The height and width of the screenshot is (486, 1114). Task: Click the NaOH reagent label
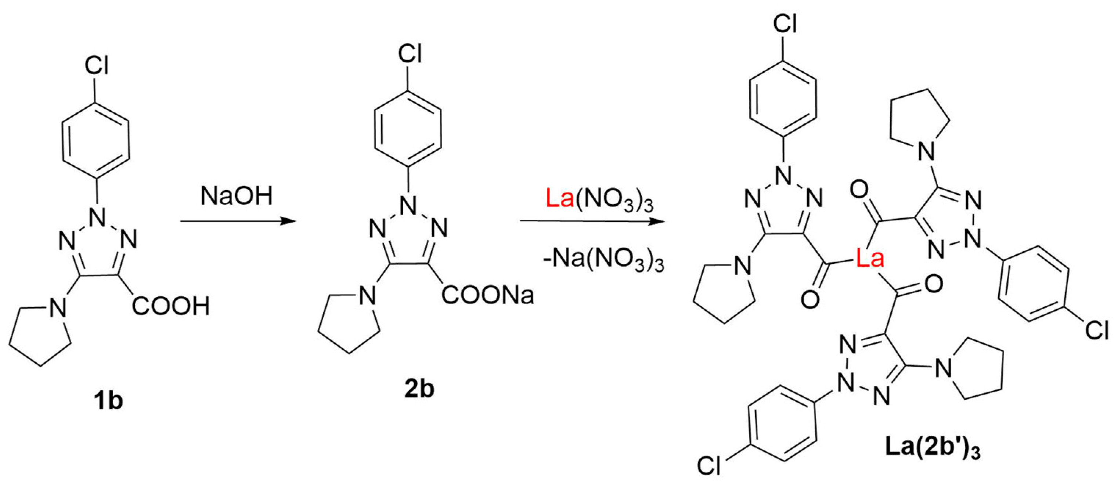point(237,196)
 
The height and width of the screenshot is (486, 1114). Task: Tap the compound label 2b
point(419,389)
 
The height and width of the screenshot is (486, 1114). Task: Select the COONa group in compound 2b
point(487,296)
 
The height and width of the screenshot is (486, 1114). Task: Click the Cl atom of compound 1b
point(96,66)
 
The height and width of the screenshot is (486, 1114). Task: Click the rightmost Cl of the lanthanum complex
point(1097,330)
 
